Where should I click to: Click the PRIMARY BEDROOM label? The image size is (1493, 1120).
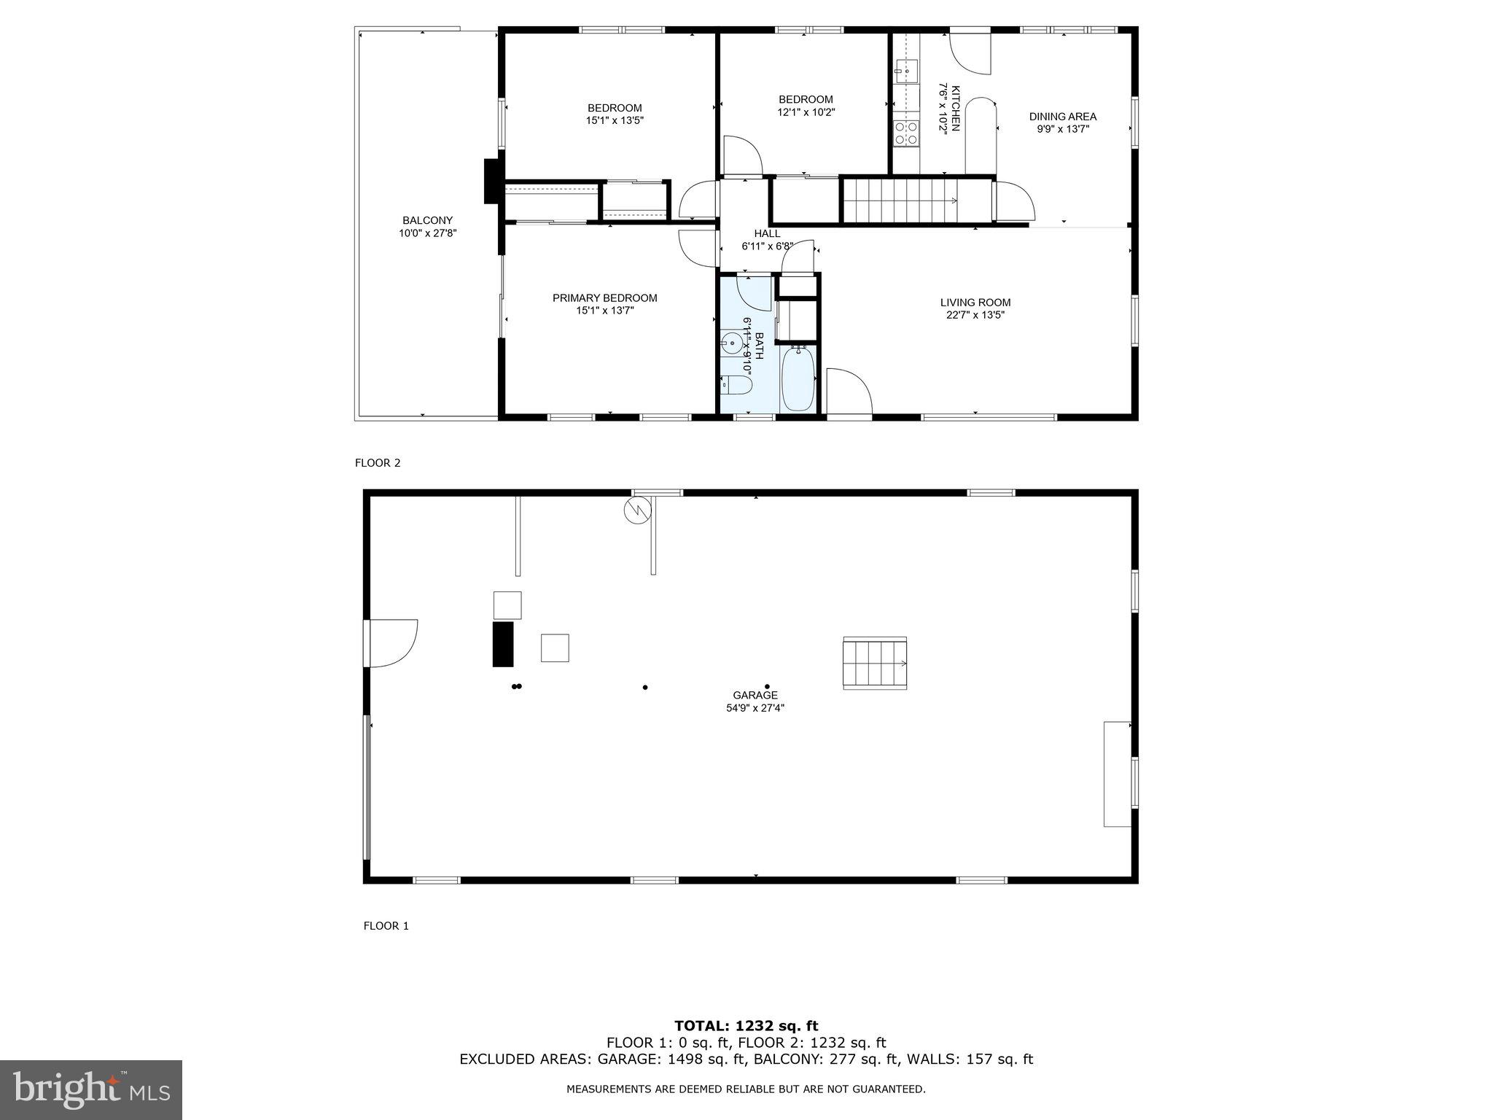604,297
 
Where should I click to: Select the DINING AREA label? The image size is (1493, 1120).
1062,116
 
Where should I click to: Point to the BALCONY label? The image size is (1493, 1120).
427,220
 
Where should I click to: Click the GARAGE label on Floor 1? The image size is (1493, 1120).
755,695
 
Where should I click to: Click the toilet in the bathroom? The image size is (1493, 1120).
736,385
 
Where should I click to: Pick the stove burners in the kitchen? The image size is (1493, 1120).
906,134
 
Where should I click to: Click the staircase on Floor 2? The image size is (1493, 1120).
900,201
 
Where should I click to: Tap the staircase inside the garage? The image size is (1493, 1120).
875,663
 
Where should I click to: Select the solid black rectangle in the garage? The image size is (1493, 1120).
503,644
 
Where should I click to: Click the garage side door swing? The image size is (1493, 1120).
391,643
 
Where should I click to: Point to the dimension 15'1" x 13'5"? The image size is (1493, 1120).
615,121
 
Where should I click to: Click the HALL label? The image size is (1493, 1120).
767,233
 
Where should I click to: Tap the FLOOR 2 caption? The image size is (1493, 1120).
378,463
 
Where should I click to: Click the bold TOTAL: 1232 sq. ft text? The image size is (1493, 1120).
746,1027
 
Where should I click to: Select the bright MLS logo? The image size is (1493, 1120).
91,1089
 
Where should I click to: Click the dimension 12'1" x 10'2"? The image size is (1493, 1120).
806,112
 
